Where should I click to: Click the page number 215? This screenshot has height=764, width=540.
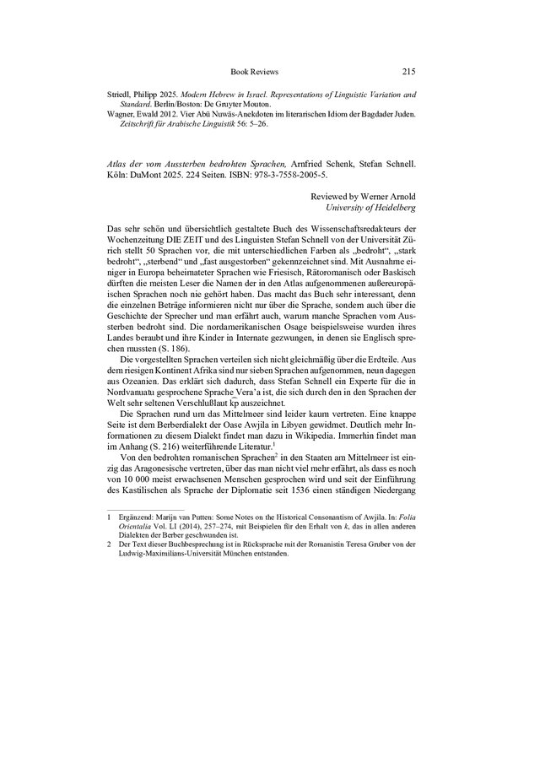click(408, 72)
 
